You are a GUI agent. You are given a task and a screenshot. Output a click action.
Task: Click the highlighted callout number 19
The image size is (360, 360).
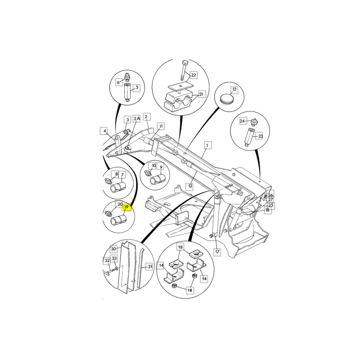[x=126, y=207]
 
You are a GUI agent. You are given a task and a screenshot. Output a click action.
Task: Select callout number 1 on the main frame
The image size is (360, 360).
[x=207, y=145]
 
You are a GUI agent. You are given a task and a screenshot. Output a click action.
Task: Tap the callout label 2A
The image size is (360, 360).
[x=137, y=118]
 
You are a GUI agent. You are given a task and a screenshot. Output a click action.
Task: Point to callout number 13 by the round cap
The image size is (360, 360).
[x=234, y=89]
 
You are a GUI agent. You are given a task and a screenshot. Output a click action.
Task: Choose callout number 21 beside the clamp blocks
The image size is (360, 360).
[x=201, y=94]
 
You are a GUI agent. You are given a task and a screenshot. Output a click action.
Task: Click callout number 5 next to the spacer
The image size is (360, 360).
[x=137, y=87]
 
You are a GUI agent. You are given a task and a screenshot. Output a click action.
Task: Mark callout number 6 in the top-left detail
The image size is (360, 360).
[x=118, y=82]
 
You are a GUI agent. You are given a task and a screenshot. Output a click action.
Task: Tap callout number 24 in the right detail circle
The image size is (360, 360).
[x=243, y=121]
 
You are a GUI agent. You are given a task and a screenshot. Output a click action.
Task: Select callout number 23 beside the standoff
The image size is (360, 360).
[x=261, y=136]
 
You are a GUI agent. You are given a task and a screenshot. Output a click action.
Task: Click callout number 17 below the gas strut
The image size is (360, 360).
[x=217, y=252]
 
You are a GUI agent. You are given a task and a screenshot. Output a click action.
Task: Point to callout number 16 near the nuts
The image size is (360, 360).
[x=189, y=290]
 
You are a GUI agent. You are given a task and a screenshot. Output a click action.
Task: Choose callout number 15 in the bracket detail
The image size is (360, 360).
[x=180, y=247]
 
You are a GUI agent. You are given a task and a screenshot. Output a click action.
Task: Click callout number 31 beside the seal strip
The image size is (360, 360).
[x=150, y=266]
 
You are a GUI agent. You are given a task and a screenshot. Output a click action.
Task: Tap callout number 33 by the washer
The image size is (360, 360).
[x=114, y=258]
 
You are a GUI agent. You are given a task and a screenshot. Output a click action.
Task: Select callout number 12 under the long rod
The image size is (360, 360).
[x=190, y=186]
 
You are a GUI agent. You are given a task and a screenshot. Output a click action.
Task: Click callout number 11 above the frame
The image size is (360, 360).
[x=161, y=126]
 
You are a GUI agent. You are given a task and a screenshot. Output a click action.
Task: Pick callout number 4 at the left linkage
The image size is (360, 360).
[x=105, y=131]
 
